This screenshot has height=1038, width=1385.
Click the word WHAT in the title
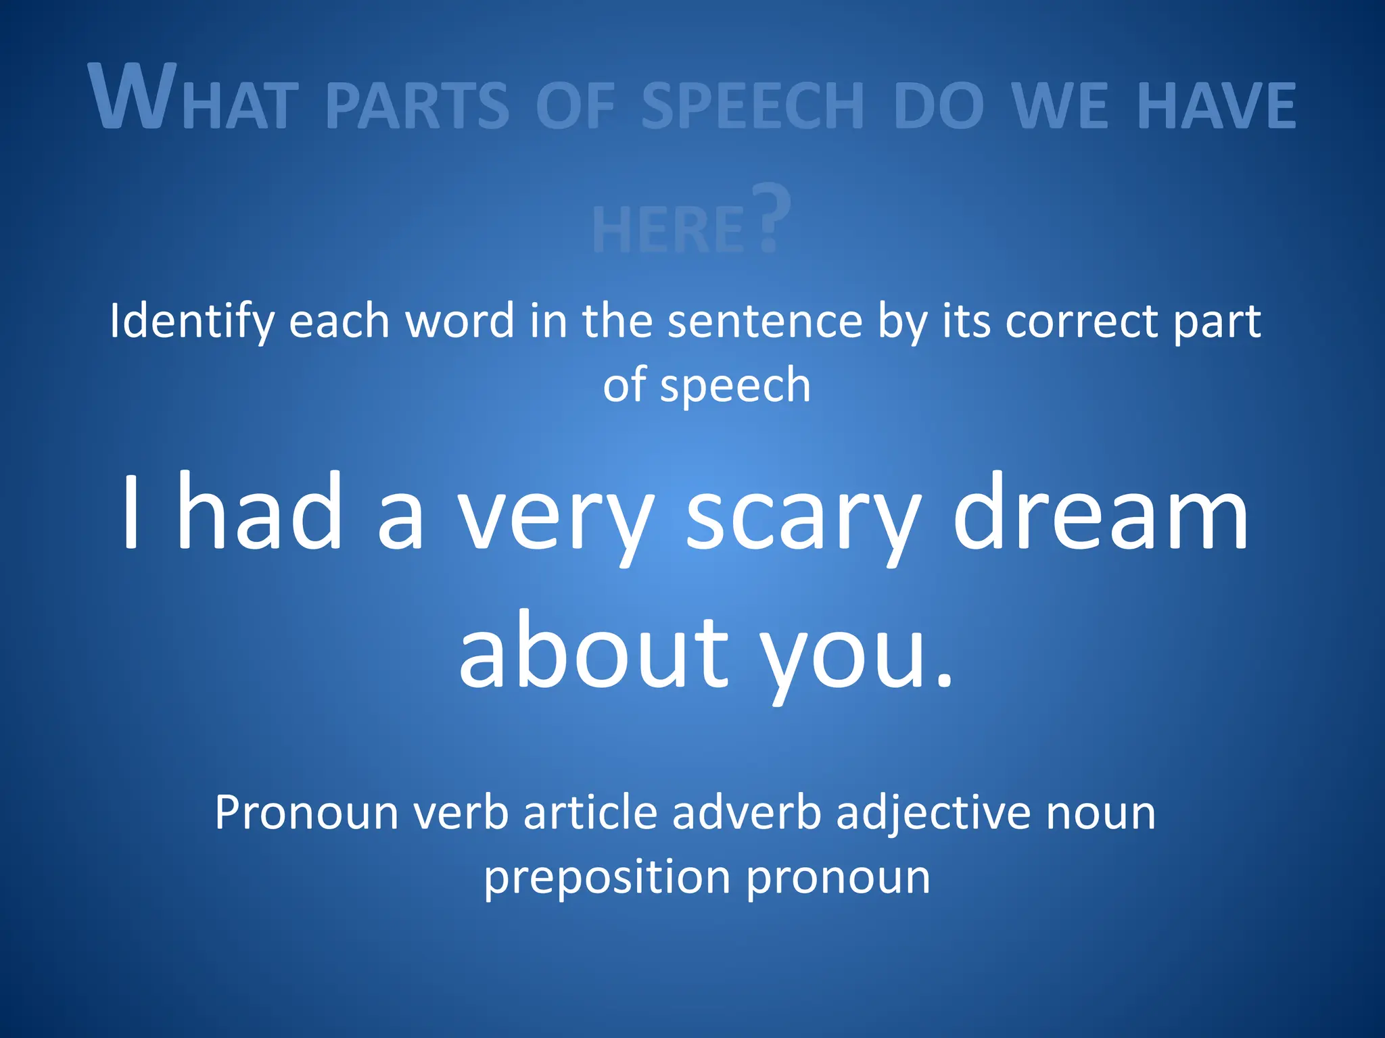coord(193,98)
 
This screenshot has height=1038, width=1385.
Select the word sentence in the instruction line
coord(765,321)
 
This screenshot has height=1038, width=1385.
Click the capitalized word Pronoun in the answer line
coord(306,812)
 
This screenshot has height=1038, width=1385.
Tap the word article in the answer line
coord(590,812)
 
